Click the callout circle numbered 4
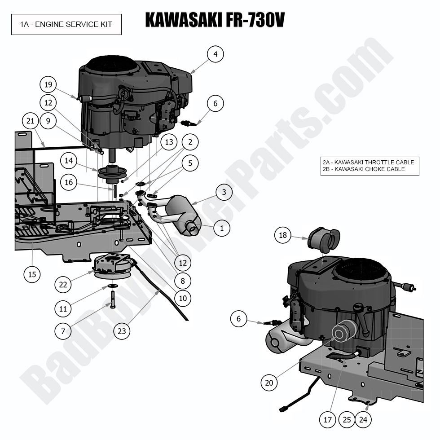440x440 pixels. [216, 54]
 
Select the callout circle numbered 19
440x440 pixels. [48, 84]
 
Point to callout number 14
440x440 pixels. [69, 160]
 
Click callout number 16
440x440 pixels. [69, 182]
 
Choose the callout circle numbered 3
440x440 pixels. [224, 193]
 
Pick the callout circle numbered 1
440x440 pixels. [221, 228]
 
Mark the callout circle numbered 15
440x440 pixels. [32, 274]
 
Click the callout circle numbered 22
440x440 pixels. [63, 284]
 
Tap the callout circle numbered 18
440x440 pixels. [283, 235]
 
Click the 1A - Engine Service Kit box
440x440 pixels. [66, 25]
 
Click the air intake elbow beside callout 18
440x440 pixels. [324, 240]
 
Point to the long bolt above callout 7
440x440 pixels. [112, 299]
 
